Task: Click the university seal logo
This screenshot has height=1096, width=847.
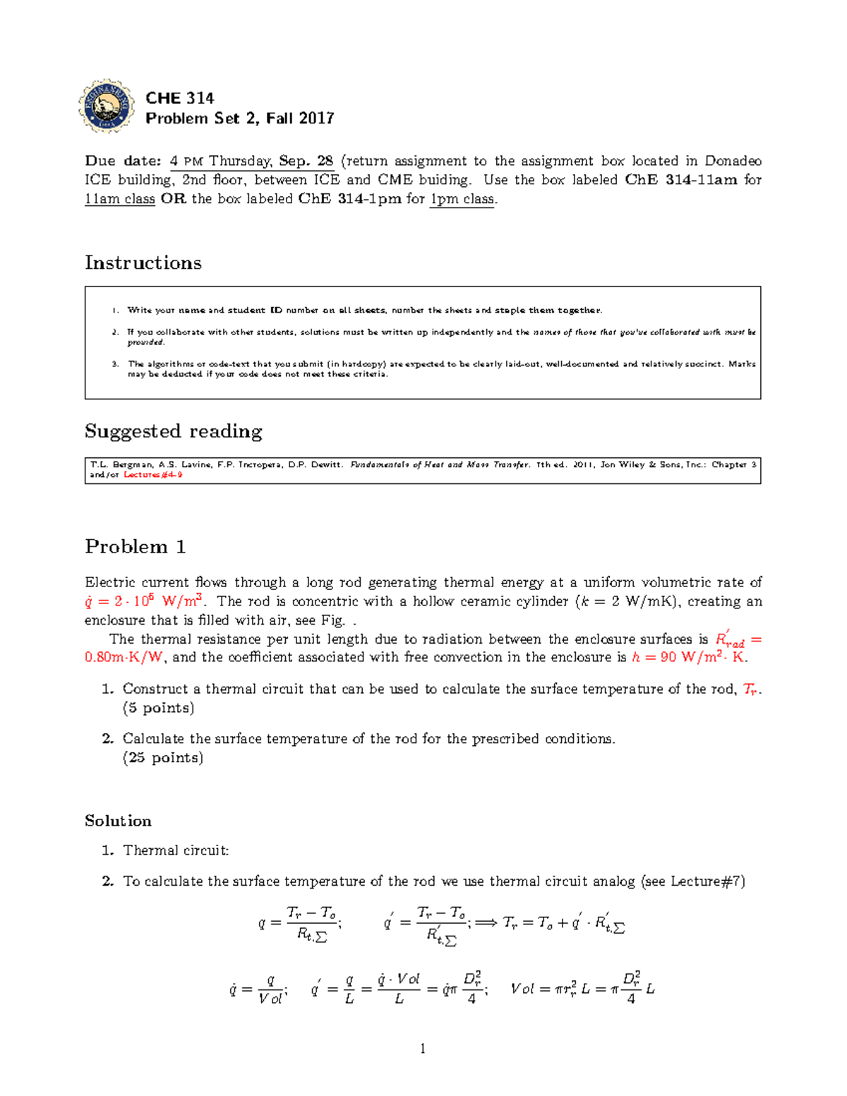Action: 107,107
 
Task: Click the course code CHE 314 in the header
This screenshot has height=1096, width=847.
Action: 179,98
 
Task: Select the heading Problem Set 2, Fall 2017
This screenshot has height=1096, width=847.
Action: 239,119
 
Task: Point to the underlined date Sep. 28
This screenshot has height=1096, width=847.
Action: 306,161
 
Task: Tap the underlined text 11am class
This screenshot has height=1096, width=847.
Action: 119,199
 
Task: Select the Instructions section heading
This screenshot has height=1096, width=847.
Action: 143,263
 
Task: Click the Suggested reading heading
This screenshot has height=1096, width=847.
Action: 174,431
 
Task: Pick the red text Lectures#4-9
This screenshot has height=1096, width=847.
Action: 153,475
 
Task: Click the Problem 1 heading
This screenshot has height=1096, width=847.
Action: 136,547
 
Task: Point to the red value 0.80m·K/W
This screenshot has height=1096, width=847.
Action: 124,658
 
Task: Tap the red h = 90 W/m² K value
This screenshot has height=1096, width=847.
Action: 689,658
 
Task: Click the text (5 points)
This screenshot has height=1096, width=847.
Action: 158,708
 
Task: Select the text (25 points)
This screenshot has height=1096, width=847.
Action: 162,758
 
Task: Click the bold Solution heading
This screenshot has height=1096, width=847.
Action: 118,821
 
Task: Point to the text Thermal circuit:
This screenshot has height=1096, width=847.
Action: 176,850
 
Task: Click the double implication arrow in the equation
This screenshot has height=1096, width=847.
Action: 486,922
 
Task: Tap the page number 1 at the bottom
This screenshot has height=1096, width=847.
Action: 423,1049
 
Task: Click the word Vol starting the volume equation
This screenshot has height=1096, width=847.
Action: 522,989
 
